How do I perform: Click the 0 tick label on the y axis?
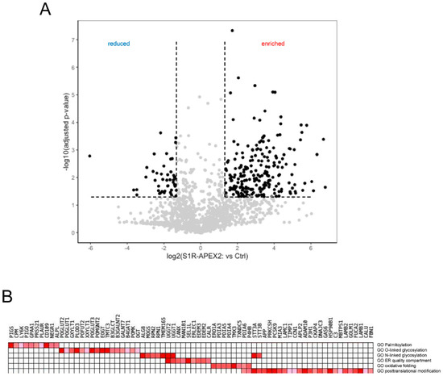click(74, 233)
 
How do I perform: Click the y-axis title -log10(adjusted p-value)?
click(59, 133)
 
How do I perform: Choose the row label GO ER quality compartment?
click(402, 361)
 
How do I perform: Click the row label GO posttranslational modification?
click(406, 371)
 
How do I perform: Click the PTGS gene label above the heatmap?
click(12, 332)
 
